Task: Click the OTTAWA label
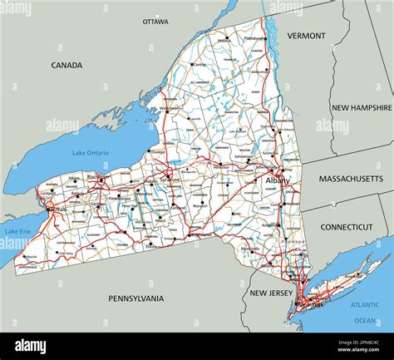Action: (x=155, y=21)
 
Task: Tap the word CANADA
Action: (x=66, y=65)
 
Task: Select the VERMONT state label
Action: (x=306, y=36)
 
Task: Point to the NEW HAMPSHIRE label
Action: (x=362, y=107)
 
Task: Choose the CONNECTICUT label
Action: (x=347, y=226)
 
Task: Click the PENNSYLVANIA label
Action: (x=136, y=298)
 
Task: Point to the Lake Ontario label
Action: (x=91, y=152)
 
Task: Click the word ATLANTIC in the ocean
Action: (x=366, y=304)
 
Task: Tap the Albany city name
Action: (x=277, y=180)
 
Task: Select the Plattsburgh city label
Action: (x=256, y=37)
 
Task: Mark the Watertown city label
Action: (x=170, y=108)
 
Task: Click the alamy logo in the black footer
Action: (x=31, y=346)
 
